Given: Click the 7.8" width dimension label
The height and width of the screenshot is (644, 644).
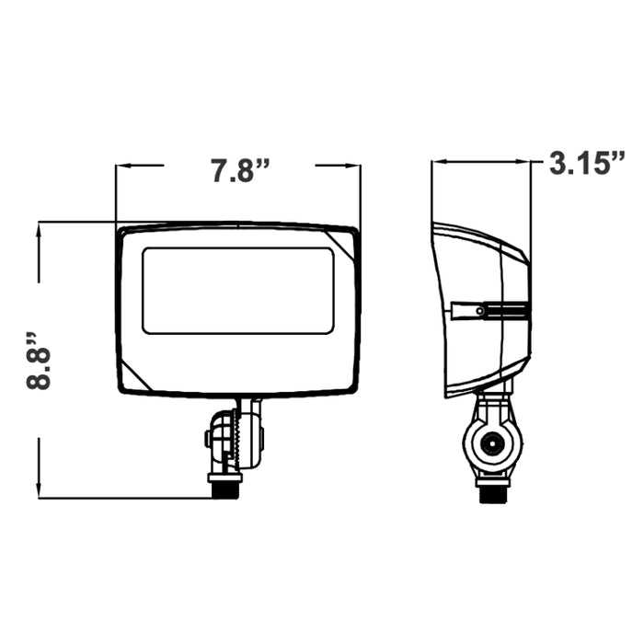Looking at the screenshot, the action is (241, 170).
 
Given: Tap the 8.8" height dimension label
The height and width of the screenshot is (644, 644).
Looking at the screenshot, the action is (39, 361).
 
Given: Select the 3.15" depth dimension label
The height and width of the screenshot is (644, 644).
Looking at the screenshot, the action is (587, 163).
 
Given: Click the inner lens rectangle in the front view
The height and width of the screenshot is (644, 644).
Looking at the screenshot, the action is (238, 291).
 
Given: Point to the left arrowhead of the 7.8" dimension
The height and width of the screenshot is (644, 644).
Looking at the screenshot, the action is (123, 165).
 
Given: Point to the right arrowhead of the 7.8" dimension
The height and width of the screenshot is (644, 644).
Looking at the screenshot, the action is (353, 165).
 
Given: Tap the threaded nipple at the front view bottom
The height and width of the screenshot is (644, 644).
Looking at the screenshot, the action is (225, 490).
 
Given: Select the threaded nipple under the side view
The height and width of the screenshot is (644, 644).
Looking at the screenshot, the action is (494, 495).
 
